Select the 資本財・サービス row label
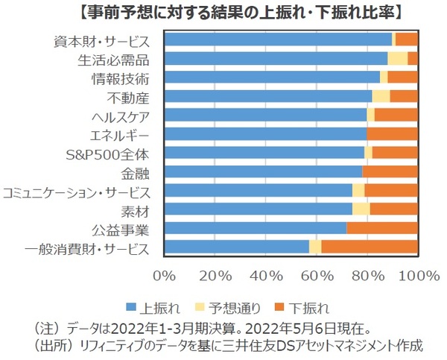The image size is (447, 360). [x=102, y=40]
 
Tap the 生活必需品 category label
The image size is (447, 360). [x=114, y=59]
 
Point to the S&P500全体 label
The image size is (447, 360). [x=108, y=154]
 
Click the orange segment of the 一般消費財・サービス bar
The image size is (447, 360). [x=369, y=247]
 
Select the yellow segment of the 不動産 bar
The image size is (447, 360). [x=381, y=96]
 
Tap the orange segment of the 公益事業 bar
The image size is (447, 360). [x=381, y=228]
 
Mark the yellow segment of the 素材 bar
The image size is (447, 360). [x=361, y=209]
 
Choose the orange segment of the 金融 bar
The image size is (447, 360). [x=389, y=172]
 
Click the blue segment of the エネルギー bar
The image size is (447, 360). [x=264, y=134]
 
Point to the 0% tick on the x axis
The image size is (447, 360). [x=164, y=275]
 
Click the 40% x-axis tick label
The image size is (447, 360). [x=265, y=275]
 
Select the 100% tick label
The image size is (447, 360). [x=420, y=275]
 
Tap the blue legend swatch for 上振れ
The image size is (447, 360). [x=131, y=306]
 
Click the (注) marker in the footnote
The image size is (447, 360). [x=46, y=327]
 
